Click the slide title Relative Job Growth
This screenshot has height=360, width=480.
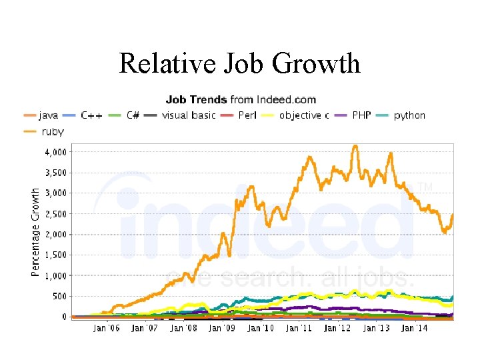[239, 63]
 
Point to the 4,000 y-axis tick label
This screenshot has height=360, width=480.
[56, 152]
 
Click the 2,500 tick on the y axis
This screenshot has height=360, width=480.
[56, 214]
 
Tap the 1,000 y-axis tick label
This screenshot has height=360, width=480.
[56, 275]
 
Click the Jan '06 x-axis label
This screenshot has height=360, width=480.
[107, 327]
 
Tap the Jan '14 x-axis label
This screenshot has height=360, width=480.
[414, 327]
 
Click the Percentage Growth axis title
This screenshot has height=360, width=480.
[35, 231]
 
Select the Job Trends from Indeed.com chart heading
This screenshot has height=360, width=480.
[240, 100]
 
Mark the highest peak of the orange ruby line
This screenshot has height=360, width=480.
[355, 146]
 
